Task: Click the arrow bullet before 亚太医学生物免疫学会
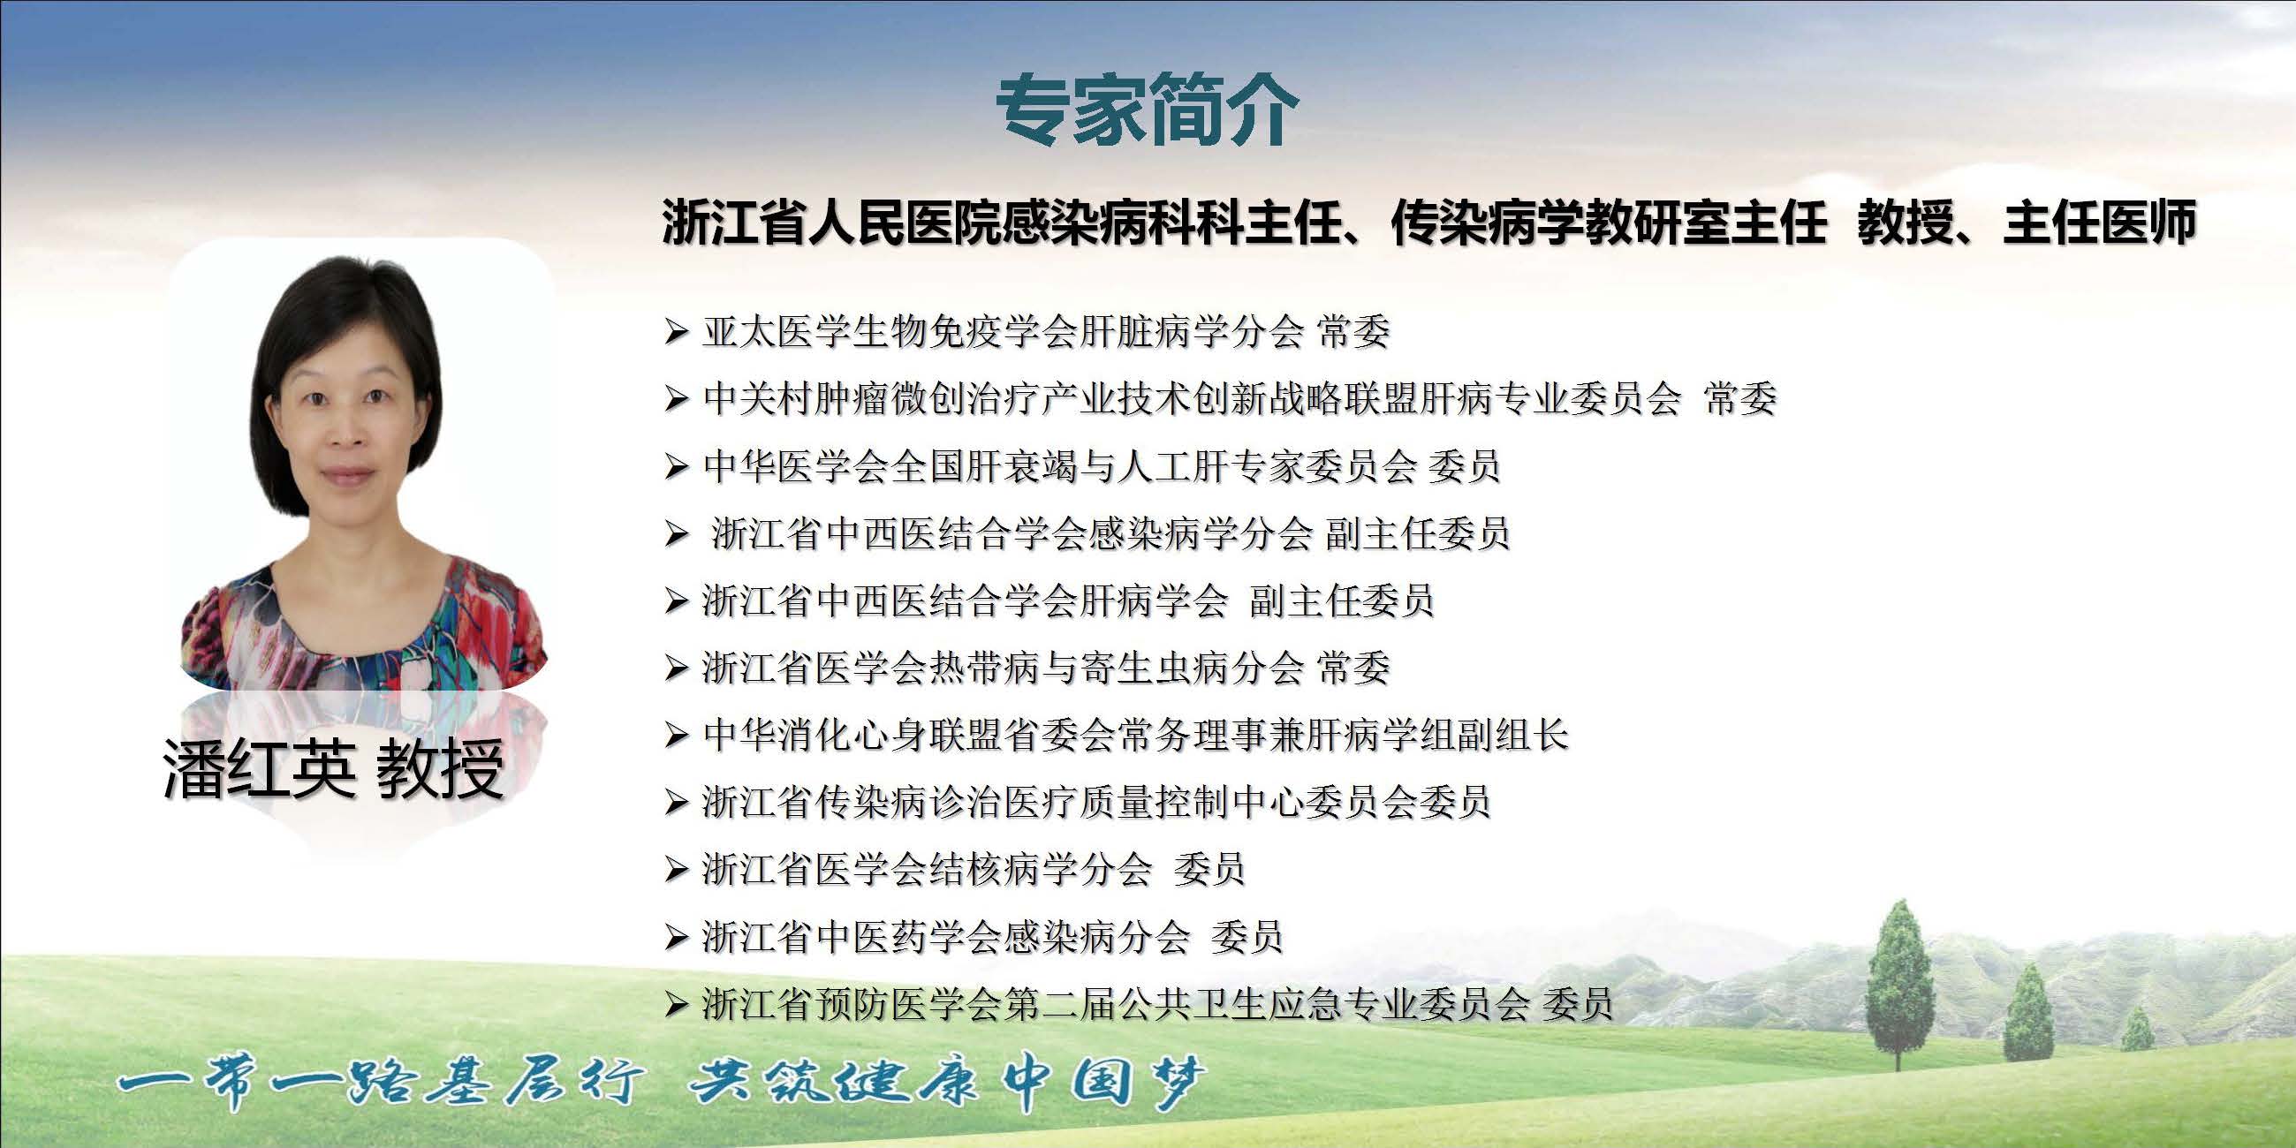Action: (677, 333)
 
